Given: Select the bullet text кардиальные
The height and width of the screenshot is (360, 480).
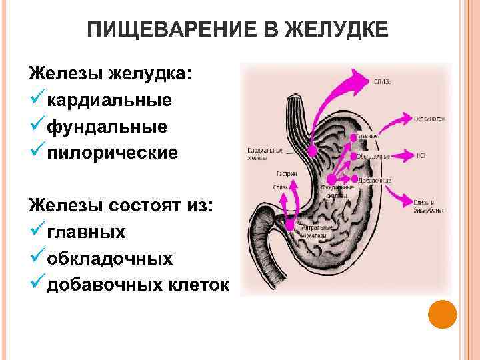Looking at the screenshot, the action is pos(109,100).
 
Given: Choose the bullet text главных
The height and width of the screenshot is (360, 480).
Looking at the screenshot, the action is pos(85,232).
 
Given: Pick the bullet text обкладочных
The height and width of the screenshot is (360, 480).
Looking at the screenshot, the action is pos(109,258).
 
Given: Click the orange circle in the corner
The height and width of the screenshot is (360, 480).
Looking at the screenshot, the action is pos(442,313).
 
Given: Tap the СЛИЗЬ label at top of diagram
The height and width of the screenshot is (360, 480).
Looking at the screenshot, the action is pos(383,81).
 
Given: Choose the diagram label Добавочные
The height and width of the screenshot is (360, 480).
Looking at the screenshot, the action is pos(375,181).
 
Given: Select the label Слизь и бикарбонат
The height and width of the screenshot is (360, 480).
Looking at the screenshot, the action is pos(424,205).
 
